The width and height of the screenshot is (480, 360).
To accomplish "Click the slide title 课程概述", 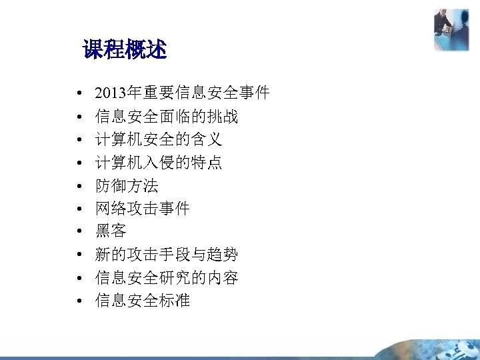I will pos(124,49).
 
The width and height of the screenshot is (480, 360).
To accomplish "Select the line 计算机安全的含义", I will pos(159,139).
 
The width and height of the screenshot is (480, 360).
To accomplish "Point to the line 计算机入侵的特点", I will pos(159,163).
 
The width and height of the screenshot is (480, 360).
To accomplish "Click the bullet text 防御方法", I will pos(127,185).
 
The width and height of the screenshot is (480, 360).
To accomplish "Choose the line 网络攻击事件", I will pos(143,209).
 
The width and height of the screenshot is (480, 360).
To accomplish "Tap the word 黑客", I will pos(111,231).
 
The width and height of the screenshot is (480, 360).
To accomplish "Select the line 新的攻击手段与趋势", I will pos(167,255).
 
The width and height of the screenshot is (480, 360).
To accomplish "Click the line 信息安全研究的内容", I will pos(167,277).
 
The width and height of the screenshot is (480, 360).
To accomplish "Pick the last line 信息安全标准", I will pos(143,301).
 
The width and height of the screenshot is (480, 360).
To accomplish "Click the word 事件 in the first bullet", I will pos(253,93).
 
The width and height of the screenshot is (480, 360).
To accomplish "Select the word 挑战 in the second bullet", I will pos(223,117).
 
